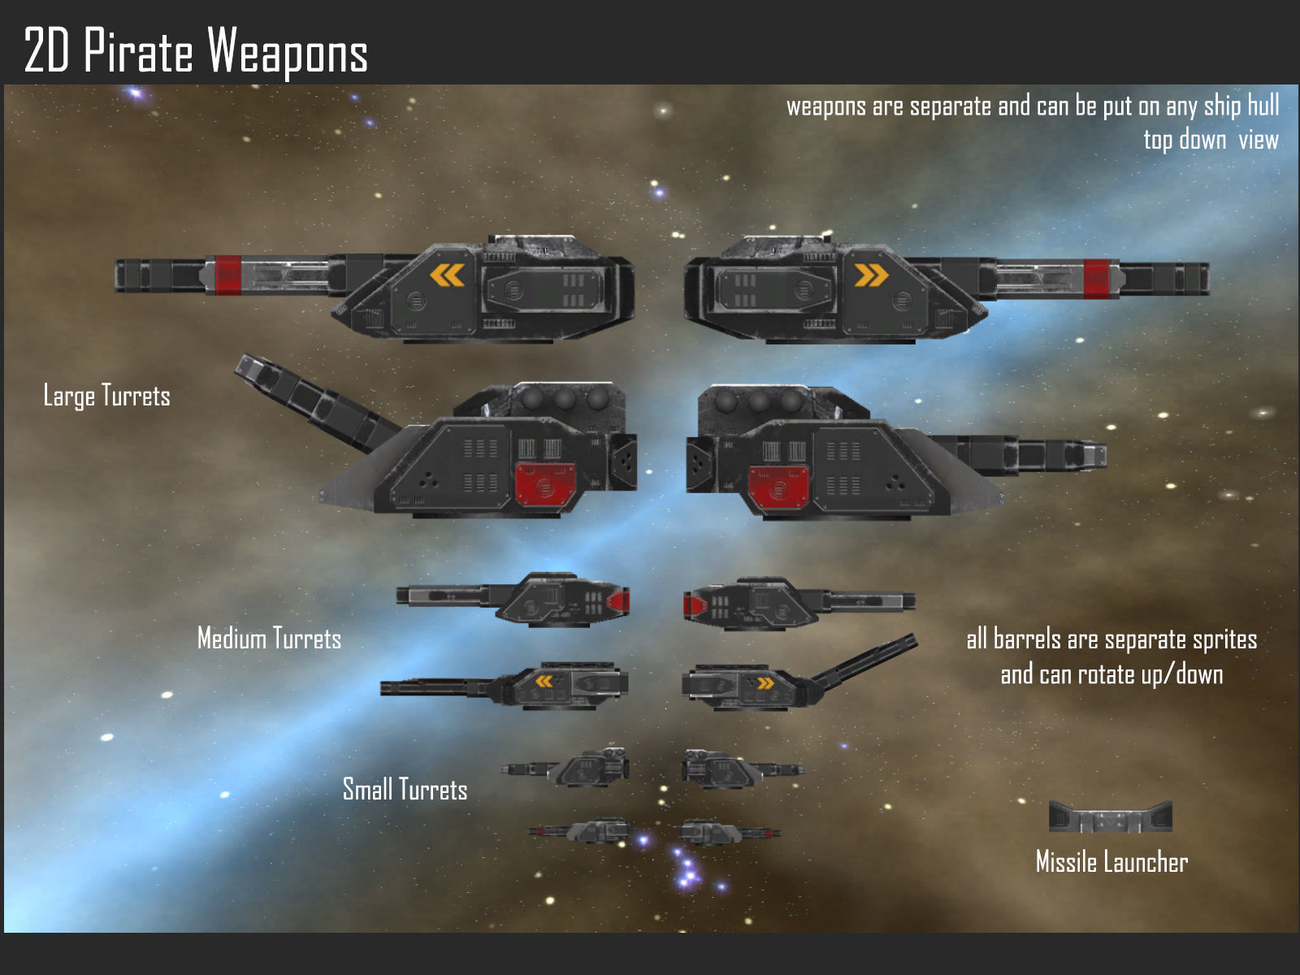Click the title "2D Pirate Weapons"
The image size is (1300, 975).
(196, 51)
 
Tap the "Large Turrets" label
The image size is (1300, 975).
(106, 396)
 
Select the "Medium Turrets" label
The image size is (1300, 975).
(269, 639)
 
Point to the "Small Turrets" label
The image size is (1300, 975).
(405, 789)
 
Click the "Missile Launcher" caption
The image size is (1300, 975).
(1111, 861)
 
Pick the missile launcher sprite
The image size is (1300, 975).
(1110, 817)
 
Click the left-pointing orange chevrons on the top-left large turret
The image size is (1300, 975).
(447, 275)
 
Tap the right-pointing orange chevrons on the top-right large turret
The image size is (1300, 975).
(871, 275)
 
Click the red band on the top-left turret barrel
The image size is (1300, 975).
(228, 275)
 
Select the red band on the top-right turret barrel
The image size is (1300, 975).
(1096, 279)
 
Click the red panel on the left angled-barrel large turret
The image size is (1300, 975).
(544, 484)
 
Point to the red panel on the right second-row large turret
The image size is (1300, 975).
(778, 486)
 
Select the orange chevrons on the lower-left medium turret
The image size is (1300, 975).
(544, 681)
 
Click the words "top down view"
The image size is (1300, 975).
(1211, 141)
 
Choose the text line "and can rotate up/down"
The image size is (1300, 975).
(1111, 674)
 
